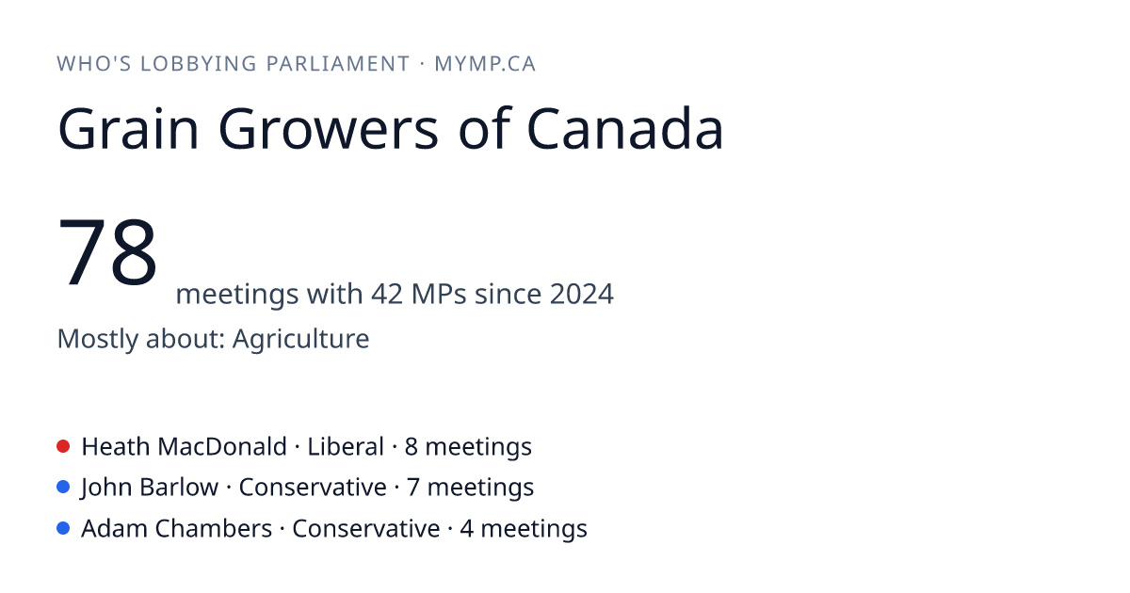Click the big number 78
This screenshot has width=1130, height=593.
point(107,251)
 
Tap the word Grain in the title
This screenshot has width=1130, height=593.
point(128,129)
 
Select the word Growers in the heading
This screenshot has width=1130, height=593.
point(329,129)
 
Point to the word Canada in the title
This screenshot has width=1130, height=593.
point(625,129)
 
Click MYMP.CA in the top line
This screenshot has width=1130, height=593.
point(485,64)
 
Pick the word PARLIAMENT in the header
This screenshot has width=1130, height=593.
point(338,64)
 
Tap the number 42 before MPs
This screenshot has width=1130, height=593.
point(387,294)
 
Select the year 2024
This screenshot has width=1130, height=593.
point(582,294)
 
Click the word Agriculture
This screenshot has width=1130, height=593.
point(300,338)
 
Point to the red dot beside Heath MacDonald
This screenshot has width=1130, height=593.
point(63,446)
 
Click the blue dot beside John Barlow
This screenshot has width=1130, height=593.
point(63,488)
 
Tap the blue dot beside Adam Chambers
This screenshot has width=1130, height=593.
point(63,528)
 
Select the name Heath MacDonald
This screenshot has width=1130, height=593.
point(185,447)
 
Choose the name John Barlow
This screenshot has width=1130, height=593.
point(150,488)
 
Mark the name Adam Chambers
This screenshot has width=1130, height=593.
point(177,528)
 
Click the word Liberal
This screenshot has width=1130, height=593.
point(346,447)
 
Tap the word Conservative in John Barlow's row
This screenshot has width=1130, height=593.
point(313,488)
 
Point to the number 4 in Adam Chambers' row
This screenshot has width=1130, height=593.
point(467,528)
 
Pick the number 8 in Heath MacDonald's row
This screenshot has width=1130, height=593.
point(412,447)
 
